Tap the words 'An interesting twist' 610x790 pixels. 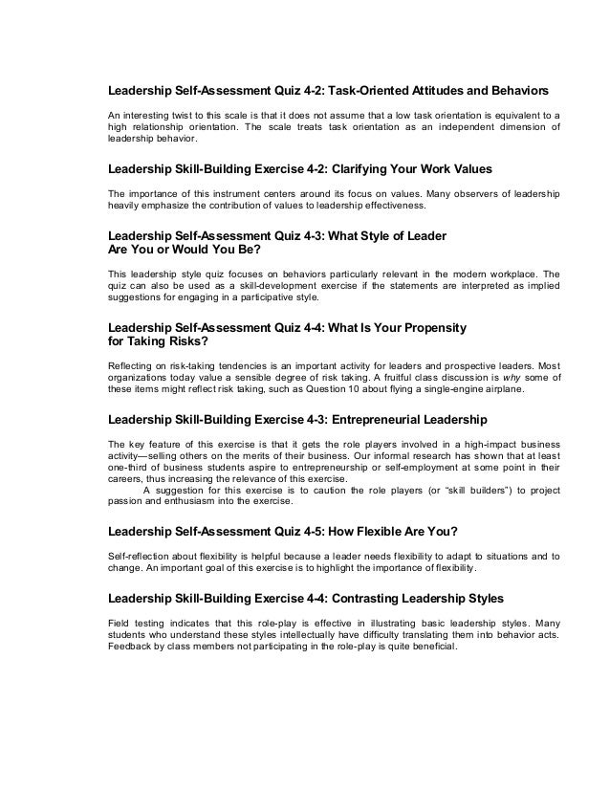tap(147, 115)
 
